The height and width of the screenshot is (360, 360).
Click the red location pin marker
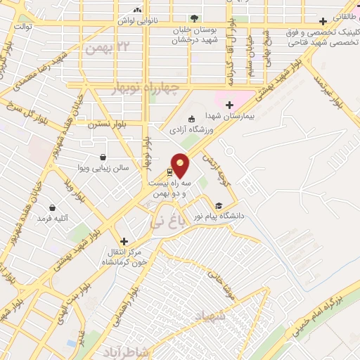pyautogui.click(x=181, y=165)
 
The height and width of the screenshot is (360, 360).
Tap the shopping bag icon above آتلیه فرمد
pyautogui.click(x=53, y=207)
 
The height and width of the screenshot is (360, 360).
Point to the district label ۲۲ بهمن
pyautogui.click(x=106, y=48)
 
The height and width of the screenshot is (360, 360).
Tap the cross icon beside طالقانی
pyautogui.click(x=323, y=21)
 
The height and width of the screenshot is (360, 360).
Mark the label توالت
pyautogui.click(x=24, y=26)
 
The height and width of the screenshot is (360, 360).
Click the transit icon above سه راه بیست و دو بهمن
pyautogui.click(x=171, y=172)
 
